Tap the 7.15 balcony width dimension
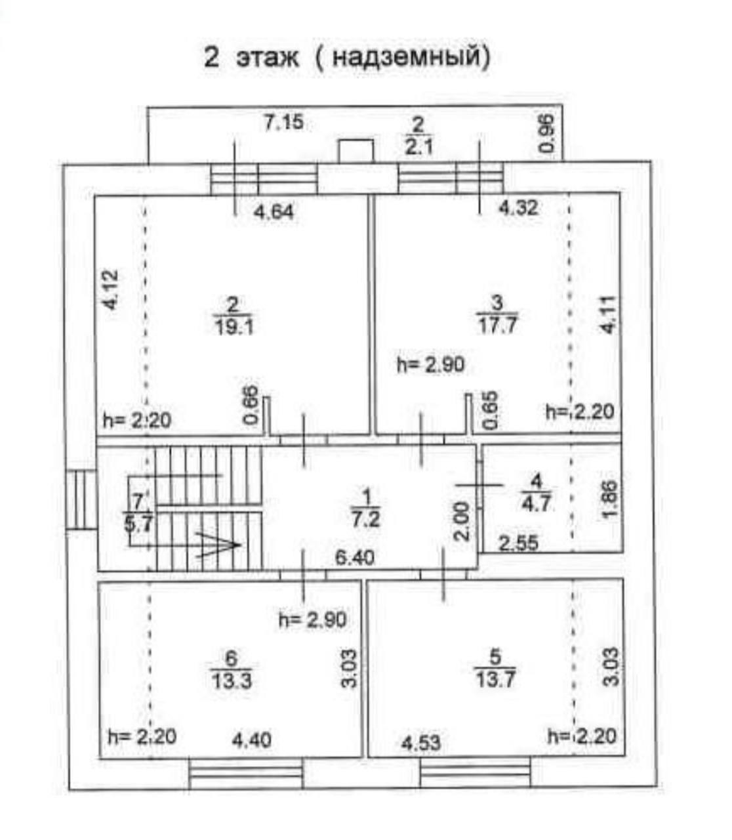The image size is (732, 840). (x=283, y=122)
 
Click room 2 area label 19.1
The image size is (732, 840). (x=234, y=325)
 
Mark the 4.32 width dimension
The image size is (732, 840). (x=518, y=208)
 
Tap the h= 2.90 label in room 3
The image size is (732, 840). (x=431, y=365)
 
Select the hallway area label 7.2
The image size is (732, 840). (x=366, y=518)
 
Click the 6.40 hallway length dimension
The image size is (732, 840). (x=354, y=557)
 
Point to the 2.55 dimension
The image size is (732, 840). (x=518, y=543)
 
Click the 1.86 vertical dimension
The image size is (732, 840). (x=609, y=501)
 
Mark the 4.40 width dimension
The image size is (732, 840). (x=252, y=740)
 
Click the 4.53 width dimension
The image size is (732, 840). (x=420, y=743)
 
